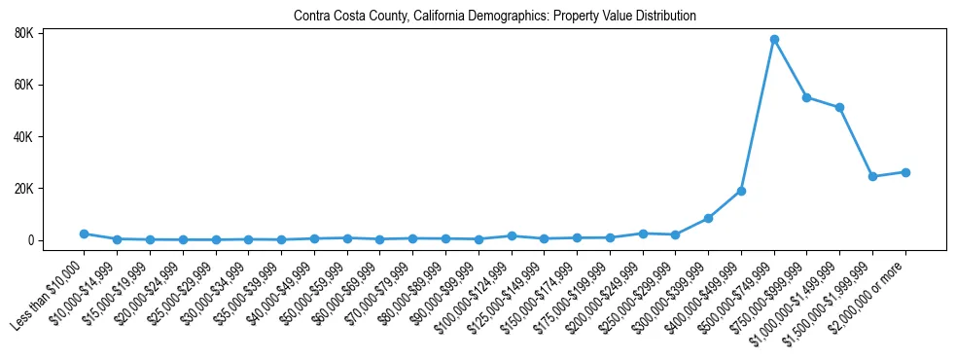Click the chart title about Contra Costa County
(x=495, y=17)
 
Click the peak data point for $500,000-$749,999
(x=774, y=40)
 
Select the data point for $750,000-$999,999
(x=807, y=97)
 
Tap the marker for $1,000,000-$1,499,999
(x=839, y=107)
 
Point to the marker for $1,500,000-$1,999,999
(x=872, y=176)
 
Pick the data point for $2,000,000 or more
(x=905, y=172)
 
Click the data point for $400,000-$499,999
(x=741, y=191)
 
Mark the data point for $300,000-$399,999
(x=708, y=218)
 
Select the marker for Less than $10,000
(x=85, y=234)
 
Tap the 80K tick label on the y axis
(x=51, y=33)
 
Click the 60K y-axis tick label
(x=51, y=85)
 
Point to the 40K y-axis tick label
(x=51, y=136)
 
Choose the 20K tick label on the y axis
(x=51, y=188)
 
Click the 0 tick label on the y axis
(x=58, y=240)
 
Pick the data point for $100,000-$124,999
(x=512, y=235)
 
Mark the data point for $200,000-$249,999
(x=643, y=234)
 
